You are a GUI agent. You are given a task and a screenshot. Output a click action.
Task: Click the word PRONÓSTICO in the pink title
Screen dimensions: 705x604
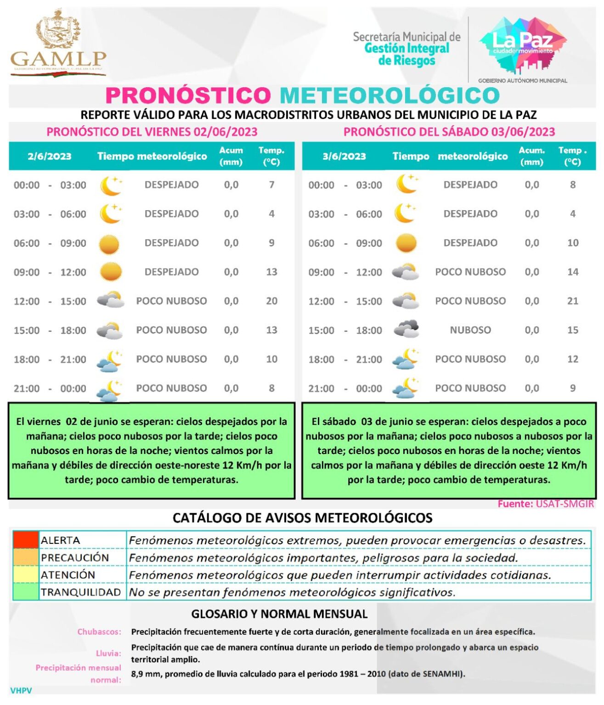188,95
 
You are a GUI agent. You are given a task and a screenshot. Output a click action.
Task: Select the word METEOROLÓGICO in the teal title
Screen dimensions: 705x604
389,95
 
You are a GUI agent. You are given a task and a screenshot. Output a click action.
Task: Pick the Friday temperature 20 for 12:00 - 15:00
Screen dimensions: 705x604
271,301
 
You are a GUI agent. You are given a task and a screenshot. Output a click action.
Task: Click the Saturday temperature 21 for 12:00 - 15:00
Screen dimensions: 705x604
572,301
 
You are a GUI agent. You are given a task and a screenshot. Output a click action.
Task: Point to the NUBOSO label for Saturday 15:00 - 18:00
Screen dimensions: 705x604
470,330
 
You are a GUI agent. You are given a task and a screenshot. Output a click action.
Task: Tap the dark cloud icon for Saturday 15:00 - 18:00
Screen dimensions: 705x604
406,329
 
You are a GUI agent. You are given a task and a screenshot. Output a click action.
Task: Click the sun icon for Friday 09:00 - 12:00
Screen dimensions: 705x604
110,272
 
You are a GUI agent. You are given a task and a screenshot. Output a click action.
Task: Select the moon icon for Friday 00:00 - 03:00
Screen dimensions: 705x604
111,185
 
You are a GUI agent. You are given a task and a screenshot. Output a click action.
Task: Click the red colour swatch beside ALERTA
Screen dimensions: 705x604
26,540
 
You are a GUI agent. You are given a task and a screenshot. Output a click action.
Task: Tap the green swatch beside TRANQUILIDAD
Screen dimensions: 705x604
26,592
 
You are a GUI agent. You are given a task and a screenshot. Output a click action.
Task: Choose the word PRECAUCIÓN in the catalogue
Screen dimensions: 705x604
75,558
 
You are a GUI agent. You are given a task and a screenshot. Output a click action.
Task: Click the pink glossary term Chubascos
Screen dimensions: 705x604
99,632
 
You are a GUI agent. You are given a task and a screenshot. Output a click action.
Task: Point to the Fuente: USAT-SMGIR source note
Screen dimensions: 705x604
546,504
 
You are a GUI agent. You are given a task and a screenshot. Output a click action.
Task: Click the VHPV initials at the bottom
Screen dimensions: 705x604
21,690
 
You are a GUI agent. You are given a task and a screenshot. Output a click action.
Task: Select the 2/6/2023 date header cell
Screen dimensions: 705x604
50,156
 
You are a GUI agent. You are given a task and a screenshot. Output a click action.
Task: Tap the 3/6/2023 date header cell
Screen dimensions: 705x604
344,156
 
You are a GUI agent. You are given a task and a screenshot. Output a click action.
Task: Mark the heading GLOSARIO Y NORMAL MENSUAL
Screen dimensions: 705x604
279,614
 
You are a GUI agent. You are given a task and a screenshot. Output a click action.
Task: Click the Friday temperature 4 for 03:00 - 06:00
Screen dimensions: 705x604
271,214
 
